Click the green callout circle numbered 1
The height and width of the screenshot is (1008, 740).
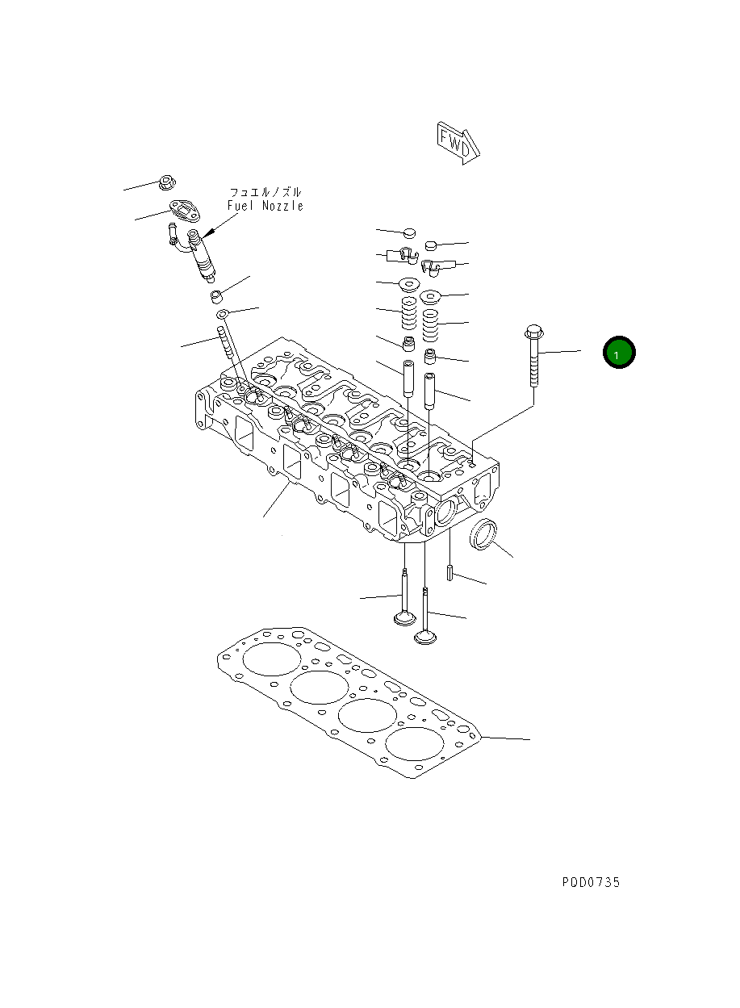[619, 353]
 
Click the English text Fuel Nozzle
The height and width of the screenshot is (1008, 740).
[265, 206]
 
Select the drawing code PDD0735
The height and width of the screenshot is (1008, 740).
[591, 882]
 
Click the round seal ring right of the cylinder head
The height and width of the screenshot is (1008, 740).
[484, 534]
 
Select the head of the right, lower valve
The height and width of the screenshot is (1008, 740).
[426, 637]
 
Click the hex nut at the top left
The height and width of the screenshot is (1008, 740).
[166, 182]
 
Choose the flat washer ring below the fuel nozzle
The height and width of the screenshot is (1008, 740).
[223, 314]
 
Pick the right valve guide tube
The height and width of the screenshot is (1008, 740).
[430, 391]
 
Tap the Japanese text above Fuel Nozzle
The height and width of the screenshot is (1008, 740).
[265, 192]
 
